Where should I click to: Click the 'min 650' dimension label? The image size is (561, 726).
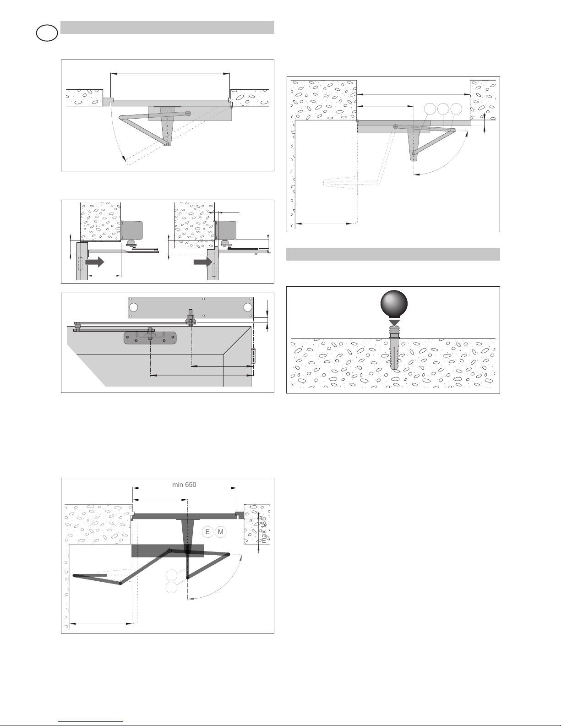pyautogui.click(x=184, y=485)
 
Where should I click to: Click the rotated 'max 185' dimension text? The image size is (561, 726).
pyautogui.click(x=264, y=530)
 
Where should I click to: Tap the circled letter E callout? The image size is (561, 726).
pyautogui.click(x=207, y=532)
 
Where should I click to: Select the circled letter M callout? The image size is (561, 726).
pyautogui.click(x=220, y=532)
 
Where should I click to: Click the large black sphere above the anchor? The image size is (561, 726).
pyautogui.click(x=394, y=304)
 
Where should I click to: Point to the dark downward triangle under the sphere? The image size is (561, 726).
pyautogui.click(x=394, y=323)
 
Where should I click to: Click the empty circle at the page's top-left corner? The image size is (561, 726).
pyautogui.click(x=47, y=33)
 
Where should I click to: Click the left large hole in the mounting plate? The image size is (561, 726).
pyautogui.click(x=134, y=307)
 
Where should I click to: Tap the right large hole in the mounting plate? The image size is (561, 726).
pyautogui.click(x=248, y=307)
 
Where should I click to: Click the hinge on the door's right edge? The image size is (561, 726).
pyautogui.click(x=253, y=356)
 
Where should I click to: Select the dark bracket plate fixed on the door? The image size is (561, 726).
pyautogui.click(x=150, y=338)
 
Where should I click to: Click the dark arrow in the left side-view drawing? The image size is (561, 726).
pyautogui.click(x=95, y=262)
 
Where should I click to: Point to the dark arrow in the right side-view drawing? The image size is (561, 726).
pyautogui.click(x=203, y=262)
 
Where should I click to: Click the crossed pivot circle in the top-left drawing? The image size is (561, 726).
pyautogui.click(x=188, y=114)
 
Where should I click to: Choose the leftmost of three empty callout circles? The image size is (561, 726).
pyautogui.click(x=430, y=109)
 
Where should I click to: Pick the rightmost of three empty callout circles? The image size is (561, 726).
pyautogui.click(x=456, y=109)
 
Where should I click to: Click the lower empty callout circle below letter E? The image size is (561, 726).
pyautogui.click(x=172, y=587)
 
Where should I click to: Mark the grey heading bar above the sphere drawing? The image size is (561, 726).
pyautogui.click(x=393, y=254)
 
